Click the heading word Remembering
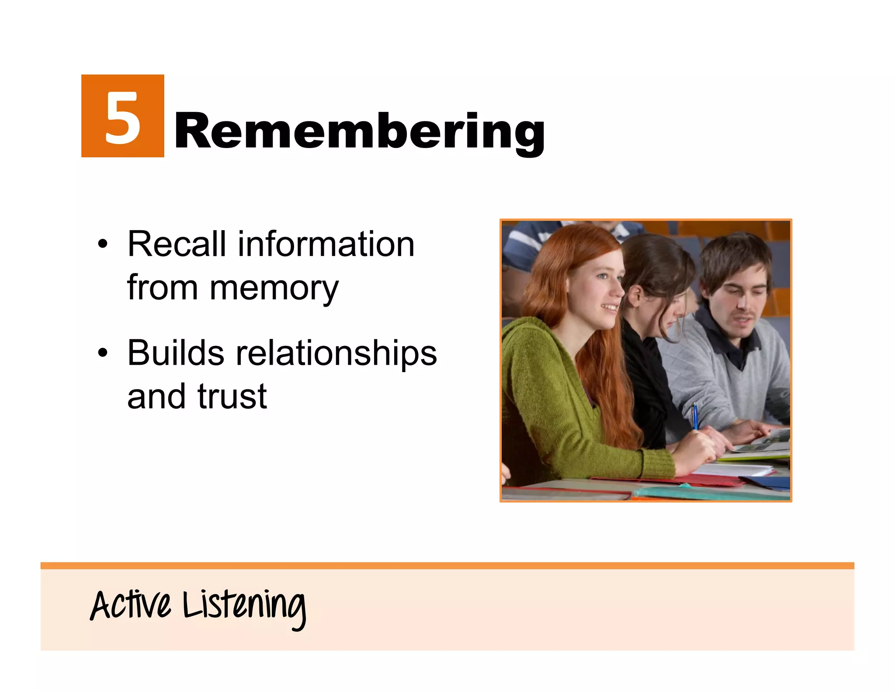pyautogui.click(x=359, y=131)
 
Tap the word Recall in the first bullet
pyautogui.click(x=177, y=244)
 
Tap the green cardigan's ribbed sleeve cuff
pyautogui.click(x=658, y=464)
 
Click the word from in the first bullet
pyautogui.click(x=162, y=288)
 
